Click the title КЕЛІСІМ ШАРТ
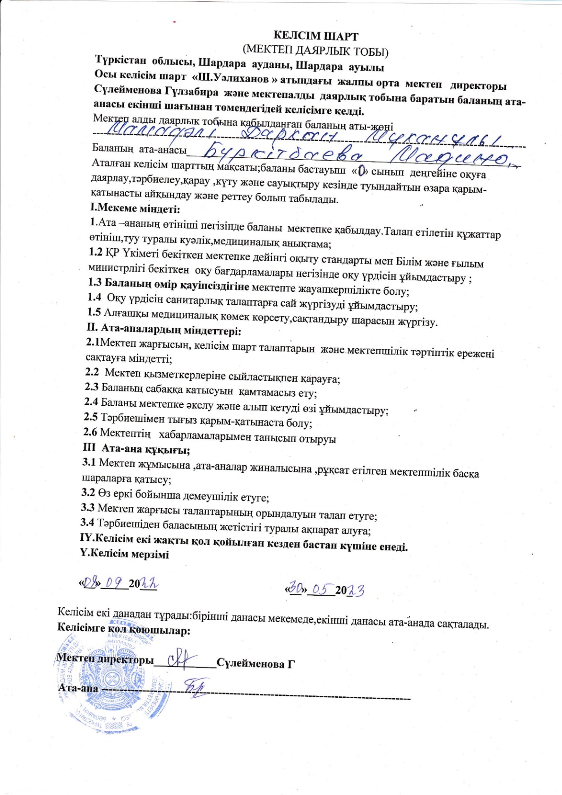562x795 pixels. click(x=316, y=36)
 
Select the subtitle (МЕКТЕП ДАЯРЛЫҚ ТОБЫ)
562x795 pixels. click(x=315, y=50)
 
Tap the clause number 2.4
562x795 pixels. click(x=92, y=402)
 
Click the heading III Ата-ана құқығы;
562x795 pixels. click(x=136, y=449)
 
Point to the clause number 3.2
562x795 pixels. click(x=89, y=492)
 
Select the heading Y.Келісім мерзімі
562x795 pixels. click(x=124, y=554)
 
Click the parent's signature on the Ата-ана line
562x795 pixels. click(x=193, y=687)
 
